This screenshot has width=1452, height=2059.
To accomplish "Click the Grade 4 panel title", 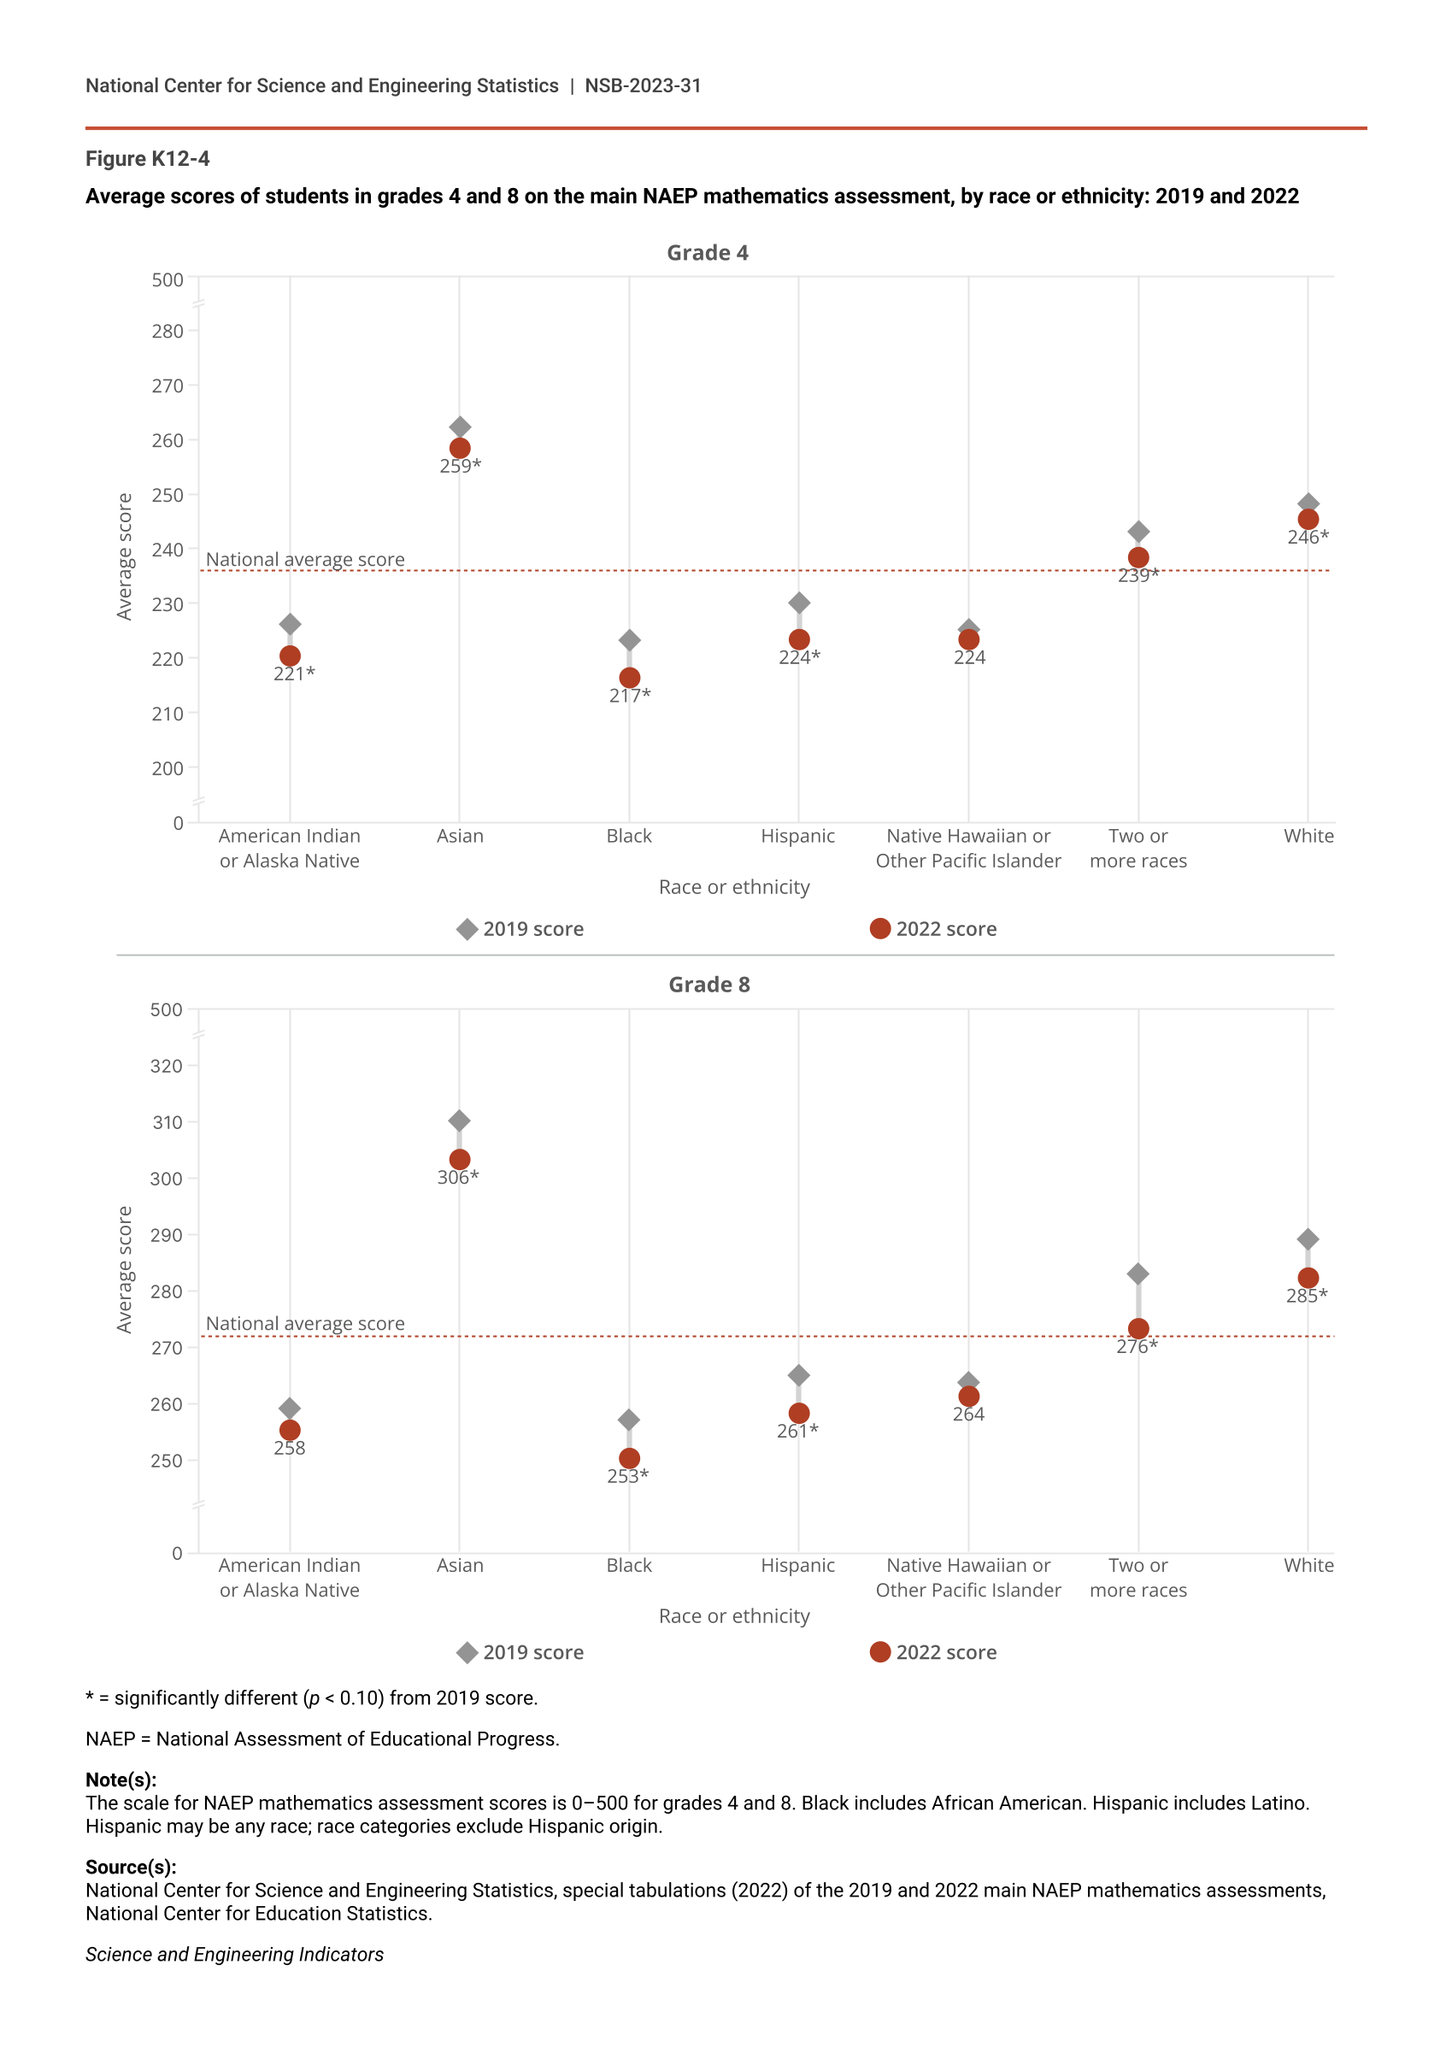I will [x=707, y=253].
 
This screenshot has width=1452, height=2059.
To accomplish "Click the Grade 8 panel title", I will [x=708, y=985].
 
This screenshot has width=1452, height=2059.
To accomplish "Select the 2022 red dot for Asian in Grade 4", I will [x=460, y=449].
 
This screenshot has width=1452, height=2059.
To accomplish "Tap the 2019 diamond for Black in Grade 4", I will [x=630, y=640].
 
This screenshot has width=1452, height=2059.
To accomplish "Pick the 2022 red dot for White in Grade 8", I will [x=1308, y=1278].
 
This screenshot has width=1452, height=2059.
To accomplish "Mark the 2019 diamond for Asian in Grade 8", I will [x=459, y=1121].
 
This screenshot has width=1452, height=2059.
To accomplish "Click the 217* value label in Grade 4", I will [x=630, y=696].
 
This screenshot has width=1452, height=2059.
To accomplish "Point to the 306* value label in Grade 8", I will [x=457, y=1178].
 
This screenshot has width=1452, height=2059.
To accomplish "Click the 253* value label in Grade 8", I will [x=628, y=1476].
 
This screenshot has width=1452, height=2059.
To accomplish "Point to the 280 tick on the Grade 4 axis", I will [x=168, y=332].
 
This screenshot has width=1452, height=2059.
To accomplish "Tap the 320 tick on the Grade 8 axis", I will [x=166, y=1067].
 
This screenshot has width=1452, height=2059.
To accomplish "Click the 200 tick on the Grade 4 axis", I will [x=168, y=768].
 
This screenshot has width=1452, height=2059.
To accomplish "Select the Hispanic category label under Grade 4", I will [x=797, y=836].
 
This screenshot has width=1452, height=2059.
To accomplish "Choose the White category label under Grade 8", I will [x=1308, y=1565].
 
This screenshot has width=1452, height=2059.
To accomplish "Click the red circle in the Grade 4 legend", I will [x=879, y=929].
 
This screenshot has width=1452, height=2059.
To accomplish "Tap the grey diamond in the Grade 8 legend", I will [x=467, y=1652].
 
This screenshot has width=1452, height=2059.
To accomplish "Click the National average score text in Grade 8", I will [x=305, y=1324].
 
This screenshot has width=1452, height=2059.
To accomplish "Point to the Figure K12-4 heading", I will [x=147, y=159].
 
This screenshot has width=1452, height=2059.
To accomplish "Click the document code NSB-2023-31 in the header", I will [x=642, y=86].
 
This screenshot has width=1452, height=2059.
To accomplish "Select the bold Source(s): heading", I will [x=131, y=1867].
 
